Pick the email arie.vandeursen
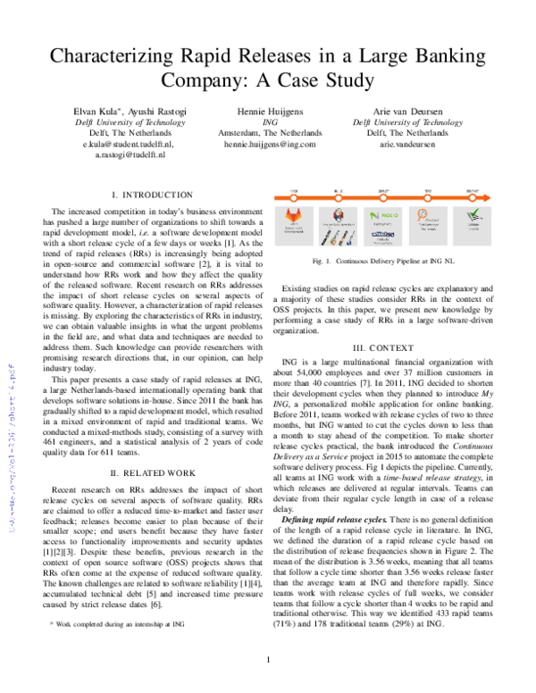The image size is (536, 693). pyautogui.click(x=406, y=143)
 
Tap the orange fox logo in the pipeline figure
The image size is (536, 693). pyautogui.click(x=294, y=216)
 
